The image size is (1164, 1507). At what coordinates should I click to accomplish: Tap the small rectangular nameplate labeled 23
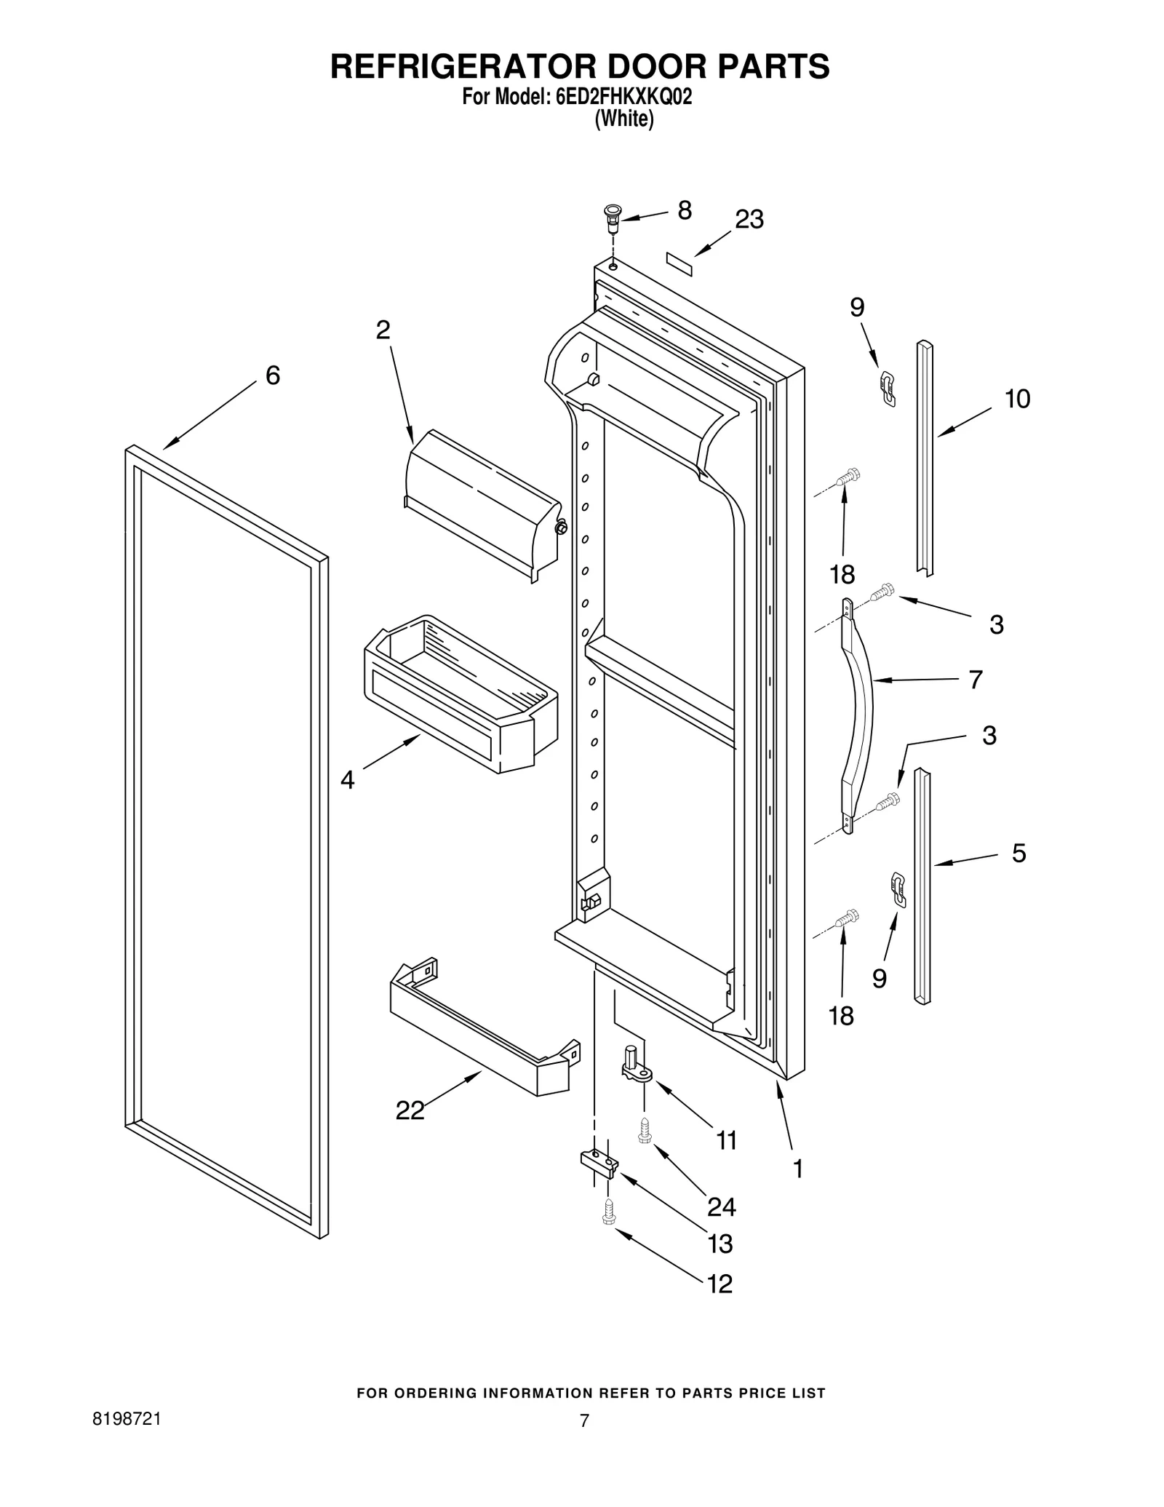pyautogui.click(x=679, y=262)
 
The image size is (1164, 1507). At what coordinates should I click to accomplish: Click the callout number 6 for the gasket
pyautogui.click(x=272, y=375)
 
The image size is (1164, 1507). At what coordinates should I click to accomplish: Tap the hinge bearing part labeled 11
pyautogui.click(x=635, y=1064)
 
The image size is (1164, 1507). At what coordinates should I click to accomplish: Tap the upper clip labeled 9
pyautogui.click(x=888, y=387)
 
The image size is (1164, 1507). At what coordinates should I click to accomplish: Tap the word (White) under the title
pyautogui.click(x=623, y=119)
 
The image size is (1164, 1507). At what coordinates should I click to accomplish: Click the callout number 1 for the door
pyautogui.click(x=798, y=1169)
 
